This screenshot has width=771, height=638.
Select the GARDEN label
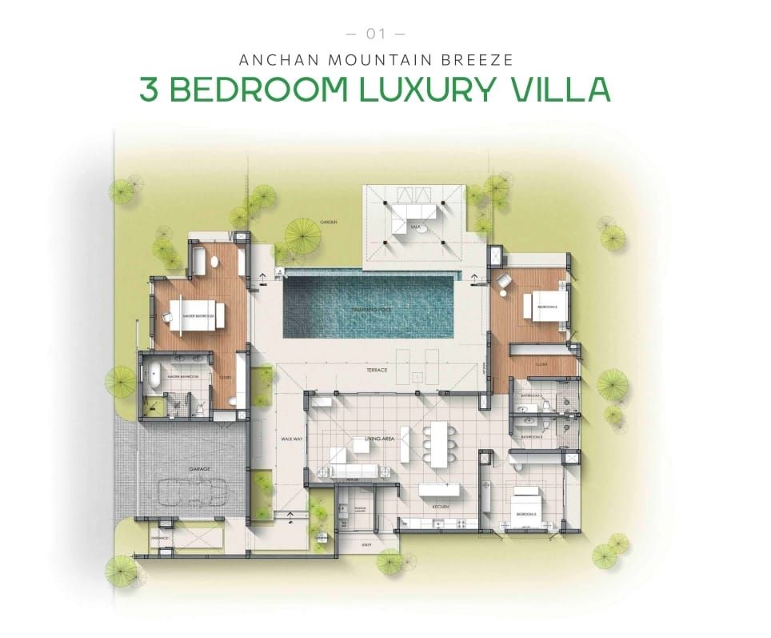click(328, 222)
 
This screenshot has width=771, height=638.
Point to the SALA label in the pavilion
click(415, 227)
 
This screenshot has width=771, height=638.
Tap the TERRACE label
click(377, 370)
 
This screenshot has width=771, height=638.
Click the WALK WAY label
click(290, 439)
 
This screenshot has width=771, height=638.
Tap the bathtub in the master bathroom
click(153, 379)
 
